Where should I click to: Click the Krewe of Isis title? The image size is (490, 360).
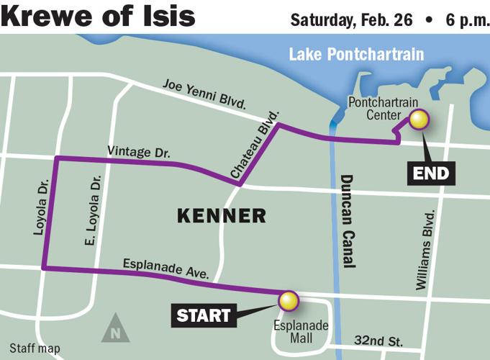pyautogui.click(x=99, y=16)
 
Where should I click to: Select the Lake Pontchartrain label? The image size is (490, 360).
pyautogui.click(x=356, y=55)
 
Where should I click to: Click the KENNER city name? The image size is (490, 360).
pyautogui.click(x=221, y=215)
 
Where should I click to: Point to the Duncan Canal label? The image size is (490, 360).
pyautogui.click(x=348, y=221)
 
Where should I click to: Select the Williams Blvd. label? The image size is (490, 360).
pyautogui.click(x=427, y=250)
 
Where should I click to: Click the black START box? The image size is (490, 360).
pyautogui.click(x=204, y=315)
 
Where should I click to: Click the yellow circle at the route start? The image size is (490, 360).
pyautogui.click(x=288, y=301)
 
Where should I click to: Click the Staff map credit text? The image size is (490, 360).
pyautogui.click(x=35, y=348)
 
